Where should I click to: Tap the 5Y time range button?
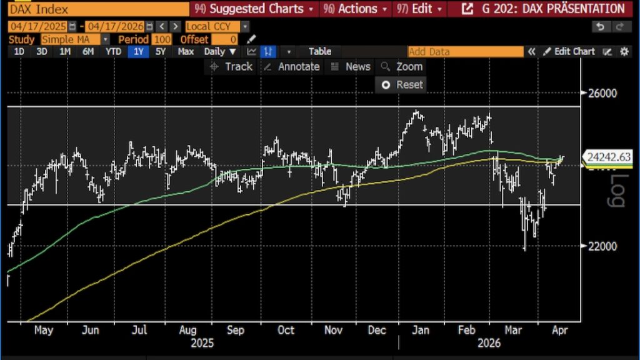[161, 51]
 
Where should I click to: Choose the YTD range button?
[113, 51]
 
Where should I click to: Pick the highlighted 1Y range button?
[137, 51]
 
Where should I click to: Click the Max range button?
[186, 51]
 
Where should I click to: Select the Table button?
[319, 51]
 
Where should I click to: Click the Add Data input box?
[465, 52]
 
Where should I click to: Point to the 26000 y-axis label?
[602, 93]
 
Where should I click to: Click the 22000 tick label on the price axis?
[602, 246]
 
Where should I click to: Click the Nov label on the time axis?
[334, 330]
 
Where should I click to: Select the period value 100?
[162, 39]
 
